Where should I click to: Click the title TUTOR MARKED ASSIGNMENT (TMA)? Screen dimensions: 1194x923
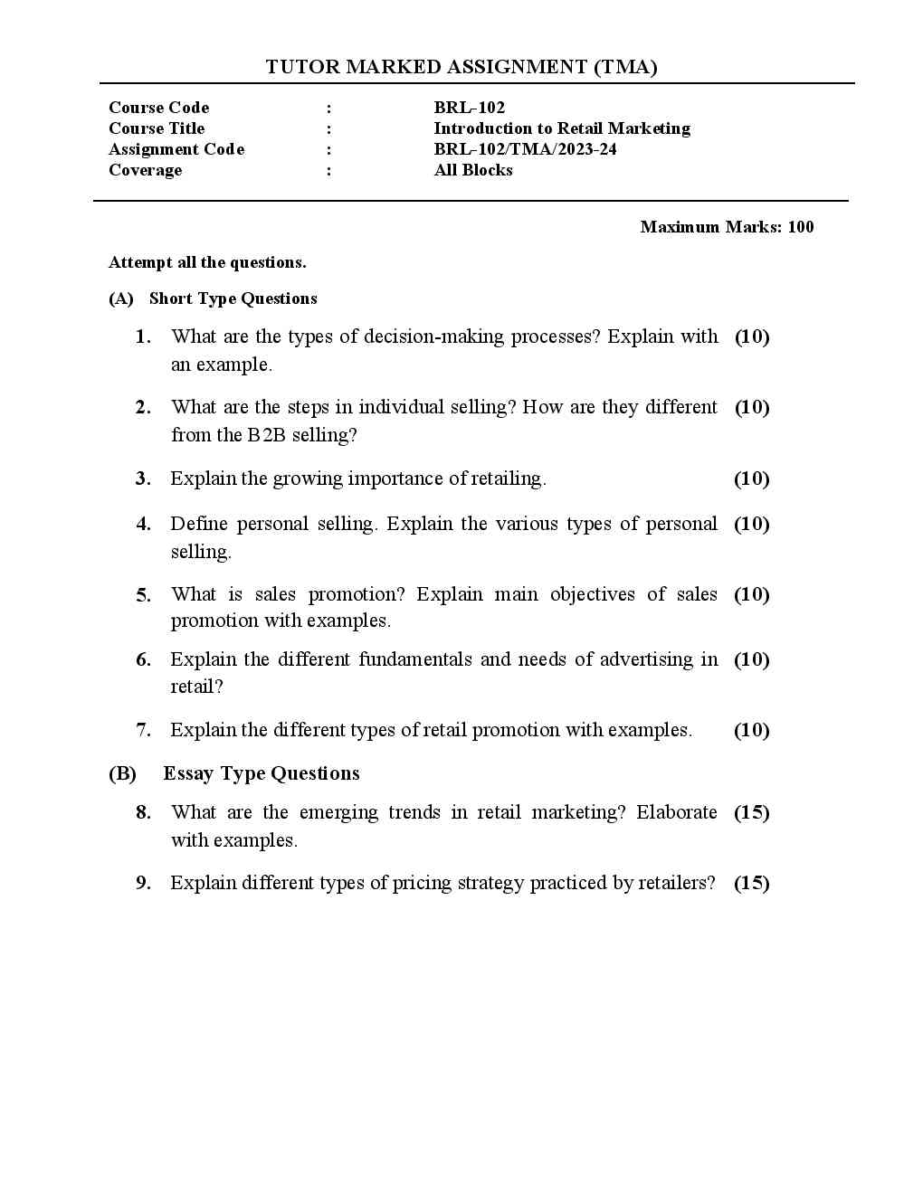pyautogui.click(x=461, y=67)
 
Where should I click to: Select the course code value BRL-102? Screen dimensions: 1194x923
pyautogui.click(x=469, y=108)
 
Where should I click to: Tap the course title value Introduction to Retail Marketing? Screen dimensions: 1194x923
pyautogui.click(x=561, y=128)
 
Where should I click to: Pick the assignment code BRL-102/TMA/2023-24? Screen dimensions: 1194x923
pyautogui.click(x=525, y=149)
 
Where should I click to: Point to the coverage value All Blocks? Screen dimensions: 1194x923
pyautogui.click(x=473, y=170)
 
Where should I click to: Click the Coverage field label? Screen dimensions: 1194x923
pyautogui.click(x=145, y=170)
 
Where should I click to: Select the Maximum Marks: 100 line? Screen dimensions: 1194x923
pyautogui.click(x=727, y=227)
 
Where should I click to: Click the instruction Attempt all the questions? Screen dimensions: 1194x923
pyautogui.click(x=207, y=262)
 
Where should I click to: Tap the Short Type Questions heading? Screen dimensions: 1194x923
pyautogui.click(x=233, y=298)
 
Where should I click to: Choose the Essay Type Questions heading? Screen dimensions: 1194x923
pyautogui.click(x=261, y=773)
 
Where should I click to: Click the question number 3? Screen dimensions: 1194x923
pyautogui.click(x=143, y=479)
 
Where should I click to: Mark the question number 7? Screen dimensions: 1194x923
pyautogui.click(x=143, y=730)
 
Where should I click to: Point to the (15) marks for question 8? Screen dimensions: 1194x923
pyautogui.click(x=751, y=812)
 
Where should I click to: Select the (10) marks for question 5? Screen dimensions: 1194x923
pyautogui.click(x=751, y=594)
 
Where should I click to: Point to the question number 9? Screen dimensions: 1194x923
pyautogui.click(x=143, y=883)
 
